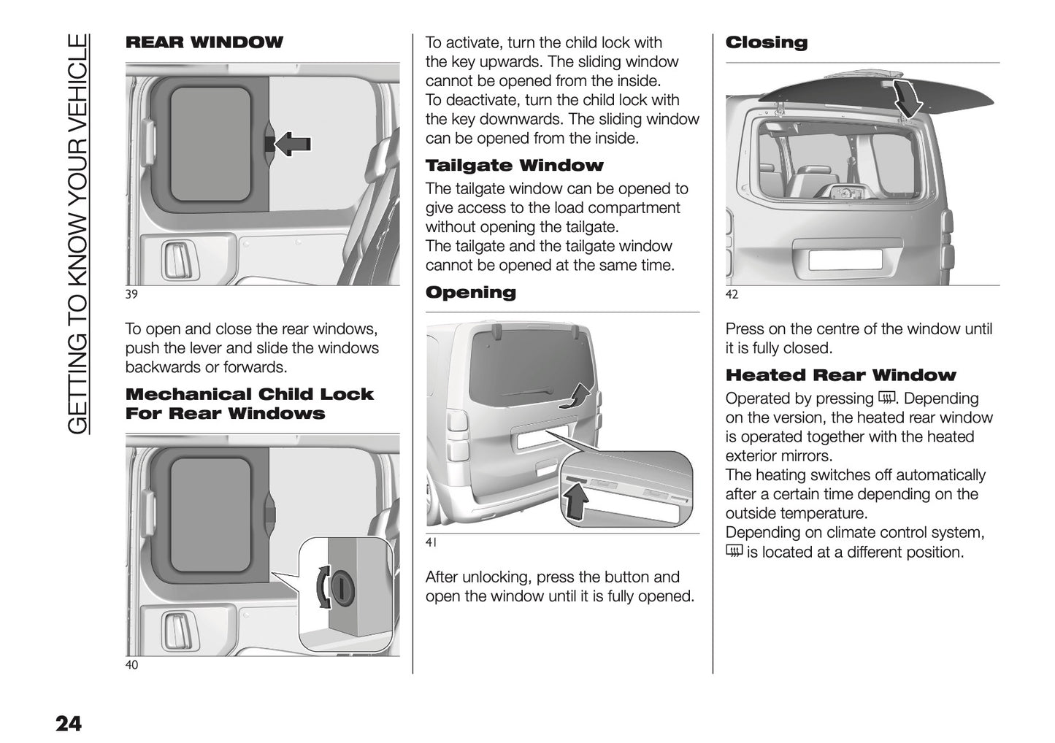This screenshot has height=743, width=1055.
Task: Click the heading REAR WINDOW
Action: (x=204, y=42)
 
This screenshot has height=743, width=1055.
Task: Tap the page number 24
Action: (x=69, y=724)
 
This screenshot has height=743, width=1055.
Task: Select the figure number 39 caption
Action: (x=131, y=295)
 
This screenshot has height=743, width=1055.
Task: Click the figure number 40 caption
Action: (x=131, y=665)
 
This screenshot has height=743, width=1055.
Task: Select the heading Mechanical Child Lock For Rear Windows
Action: (x=249, y=404)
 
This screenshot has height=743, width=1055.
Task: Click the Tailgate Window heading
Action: (x=514, y=166)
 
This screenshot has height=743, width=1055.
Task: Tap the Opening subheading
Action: (x=470, y=293)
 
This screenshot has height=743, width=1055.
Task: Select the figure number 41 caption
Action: (x=431, y=543)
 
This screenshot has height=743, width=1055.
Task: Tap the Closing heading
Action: (x=766, y=42)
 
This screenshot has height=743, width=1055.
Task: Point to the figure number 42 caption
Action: (x=732, y=295)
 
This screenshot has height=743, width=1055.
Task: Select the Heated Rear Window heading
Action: (x=840, y=375)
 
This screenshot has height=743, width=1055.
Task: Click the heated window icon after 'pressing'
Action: (x=886, y=399)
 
